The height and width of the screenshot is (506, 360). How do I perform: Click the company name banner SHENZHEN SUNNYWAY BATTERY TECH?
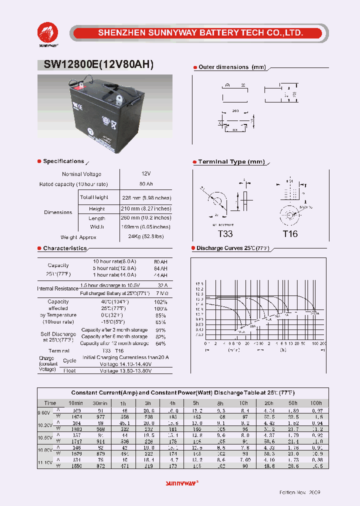[200, 33]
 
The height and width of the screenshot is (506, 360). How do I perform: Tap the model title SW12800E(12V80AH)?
[95, 64]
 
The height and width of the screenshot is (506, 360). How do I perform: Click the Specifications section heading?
[63, 161]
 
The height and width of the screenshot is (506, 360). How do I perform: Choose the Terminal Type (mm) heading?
[231, 162]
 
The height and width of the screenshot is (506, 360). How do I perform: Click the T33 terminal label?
[225, 233]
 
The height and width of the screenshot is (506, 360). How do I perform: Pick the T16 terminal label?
[290, 233]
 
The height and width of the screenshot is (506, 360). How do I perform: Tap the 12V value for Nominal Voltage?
[146, 173]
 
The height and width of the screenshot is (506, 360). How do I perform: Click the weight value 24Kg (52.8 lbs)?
[146, 237]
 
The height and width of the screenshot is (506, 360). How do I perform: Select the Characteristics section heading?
[64, 248]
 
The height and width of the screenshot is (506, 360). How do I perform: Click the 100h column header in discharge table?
[316, 403]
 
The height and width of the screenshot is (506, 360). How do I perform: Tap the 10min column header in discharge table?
[75, 403]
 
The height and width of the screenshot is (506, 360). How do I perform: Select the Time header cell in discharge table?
[50, 403]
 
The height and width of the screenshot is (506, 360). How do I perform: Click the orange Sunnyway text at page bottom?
[181, 483]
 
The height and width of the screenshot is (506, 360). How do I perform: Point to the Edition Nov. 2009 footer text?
[299, 492]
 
